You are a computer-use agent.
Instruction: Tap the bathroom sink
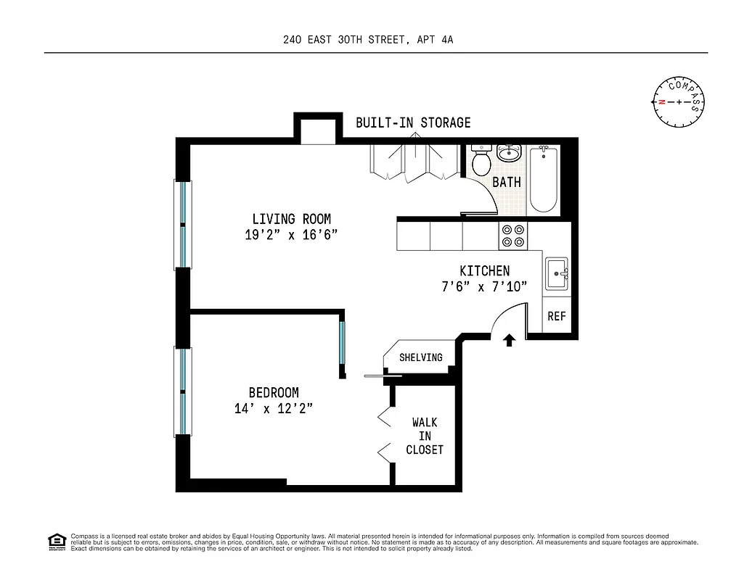click(510, 154)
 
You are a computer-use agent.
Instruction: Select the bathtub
click(544, 179)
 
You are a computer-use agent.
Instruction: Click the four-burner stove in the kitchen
click(513, 236)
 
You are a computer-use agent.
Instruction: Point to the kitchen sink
click(557, 274)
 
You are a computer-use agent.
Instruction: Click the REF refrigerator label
click(557, 316)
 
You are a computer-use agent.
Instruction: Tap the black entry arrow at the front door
click(509, 339)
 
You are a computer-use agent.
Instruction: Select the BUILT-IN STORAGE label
click(413, 123)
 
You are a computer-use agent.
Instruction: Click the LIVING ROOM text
click(291, 219)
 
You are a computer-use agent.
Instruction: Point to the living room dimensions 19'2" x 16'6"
click(291, 235)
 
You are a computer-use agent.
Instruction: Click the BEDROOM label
click(274, 393)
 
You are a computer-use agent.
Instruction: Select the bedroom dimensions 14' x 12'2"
click(274, 409)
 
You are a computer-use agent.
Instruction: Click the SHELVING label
click(420, 357)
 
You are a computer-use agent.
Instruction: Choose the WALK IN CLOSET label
click(425, 436)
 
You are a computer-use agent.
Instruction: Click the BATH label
click(507, 182)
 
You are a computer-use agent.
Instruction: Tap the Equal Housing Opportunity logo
click(56, 541)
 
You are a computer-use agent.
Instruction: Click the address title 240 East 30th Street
click(368, 41)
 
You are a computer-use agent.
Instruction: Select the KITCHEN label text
click(484, 270)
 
